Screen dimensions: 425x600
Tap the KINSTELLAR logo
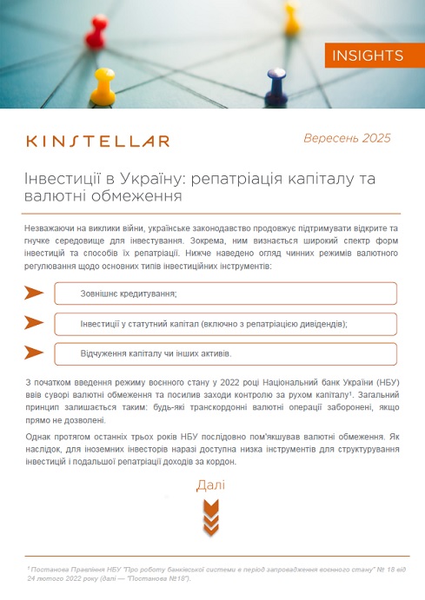[x=98, y=141]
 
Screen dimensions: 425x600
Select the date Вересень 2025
[x=347, y=138]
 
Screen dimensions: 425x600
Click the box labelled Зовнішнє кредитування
[x=225, y=293]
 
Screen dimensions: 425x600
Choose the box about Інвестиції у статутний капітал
[x=225, y=323]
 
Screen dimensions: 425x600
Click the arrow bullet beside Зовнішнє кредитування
[x=34, y=293]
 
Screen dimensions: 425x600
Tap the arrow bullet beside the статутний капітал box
[x=34, y=323]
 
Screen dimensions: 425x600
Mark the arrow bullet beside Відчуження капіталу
[x=34, y=353]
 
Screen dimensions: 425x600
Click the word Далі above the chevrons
[x=211, y=485]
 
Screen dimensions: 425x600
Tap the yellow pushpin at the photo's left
[x=103, y=85]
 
